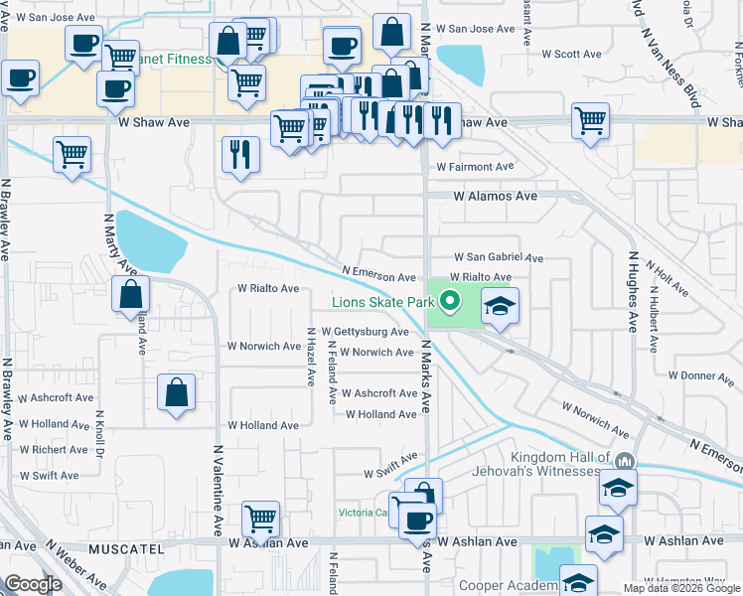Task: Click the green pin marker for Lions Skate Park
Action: click(450, 299)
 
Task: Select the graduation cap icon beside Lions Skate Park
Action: click(501, 305)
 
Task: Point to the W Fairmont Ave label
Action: click(475, 167)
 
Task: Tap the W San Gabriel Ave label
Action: click(499, 257)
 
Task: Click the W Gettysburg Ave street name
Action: click(365, 332)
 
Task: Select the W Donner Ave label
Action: click(701, 375)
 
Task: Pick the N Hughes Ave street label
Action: click(631, 292)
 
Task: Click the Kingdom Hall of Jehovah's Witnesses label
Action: click(557, 464)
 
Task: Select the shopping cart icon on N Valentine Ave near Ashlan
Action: click(260, 517)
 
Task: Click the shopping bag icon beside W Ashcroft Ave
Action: click(176, 390)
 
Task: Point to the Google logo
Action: click(34, 583)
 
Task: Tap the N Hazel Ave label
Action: click(311, 360)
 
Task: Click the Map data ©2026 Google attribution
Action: click(681, 588)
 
